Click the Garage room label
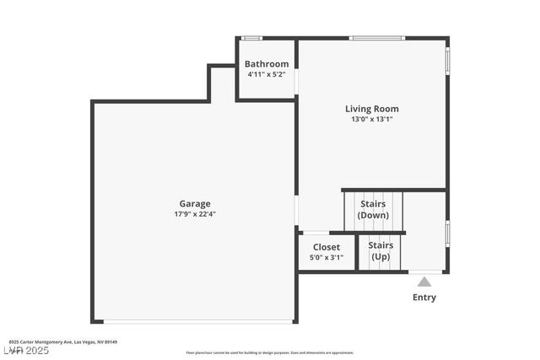tap(194, 203)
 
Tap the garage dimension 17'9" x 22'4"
tap(194, 214)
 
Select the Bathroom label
tap(267, 64)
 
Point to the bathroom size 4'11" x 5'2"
tap(267, 74)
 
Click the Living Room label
tap(371, 109)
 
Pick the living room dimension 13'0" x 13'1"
tap(371, 120)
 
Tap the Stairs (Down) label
tap(373, 209)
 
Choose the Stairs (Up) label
tap(381, 250)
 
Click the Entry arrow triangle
tap(424, 282)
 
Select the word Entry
tap(424, 298)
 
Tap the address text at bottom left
tap(63, 342)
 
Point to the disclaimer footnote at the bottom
tap(270, 352)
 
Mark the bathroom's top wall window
tap(251, 38)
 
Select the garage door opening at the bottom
tap(198, 321)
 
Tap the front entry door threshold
tap(424, 272)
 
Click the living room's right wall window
tap(447, 61)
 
